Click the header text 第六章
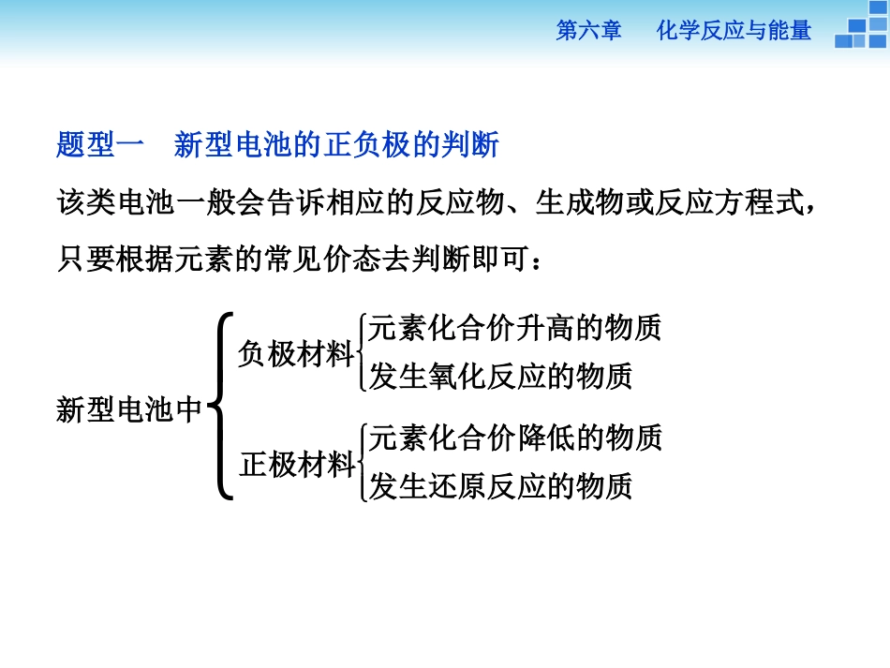tap(588, 32)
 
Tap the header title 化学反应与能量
tap(733, 32)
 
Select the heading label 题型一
tap(100, 145)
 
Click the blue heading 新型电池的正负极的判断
tap(336, 145)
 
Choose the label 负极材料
tap(295, 354)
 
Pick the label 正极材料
tap(295, 465)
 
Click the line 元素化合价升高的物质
tap(515, 328)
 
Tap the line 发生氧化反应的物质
tap(501, 377)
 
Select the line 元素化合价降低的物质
tap(515, 438)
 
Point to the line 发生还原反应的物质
tap(501, 486)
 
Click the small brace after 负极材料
tap(361, 353)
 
